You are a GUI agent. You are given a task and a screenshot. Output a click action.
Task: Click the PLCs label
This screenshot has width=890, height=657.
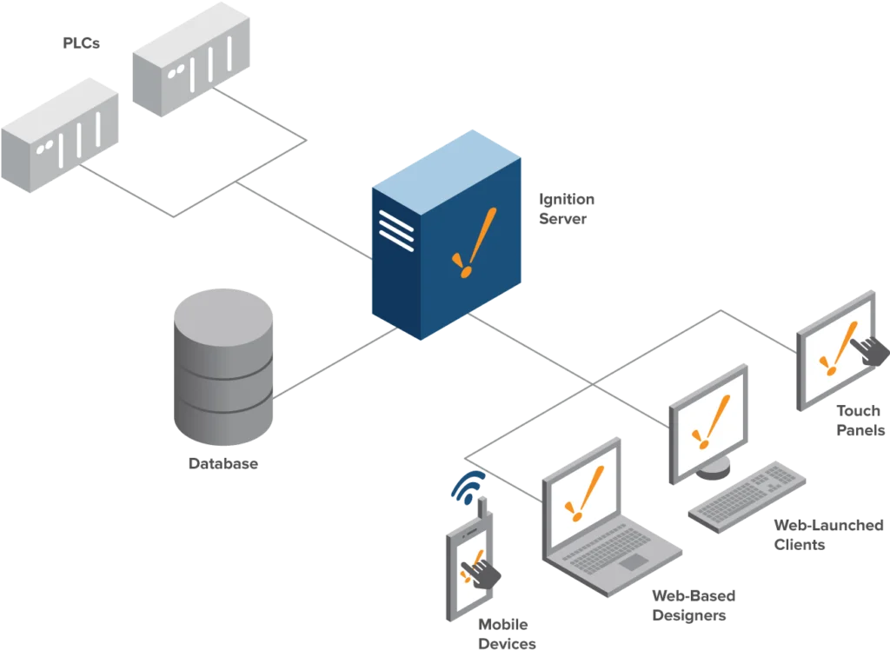(x=81, y=43)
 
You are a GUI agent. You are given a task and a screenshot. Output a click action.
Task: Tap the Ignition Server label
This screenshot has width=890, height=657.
(x=567, y=209)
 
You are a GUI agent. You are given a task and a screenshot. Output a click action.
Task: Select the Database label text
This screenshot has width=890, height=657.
(x=223, y=463)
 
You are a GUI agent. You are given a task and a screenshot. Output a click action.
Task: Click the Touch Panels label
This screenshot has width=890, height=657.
(x=860, y=421)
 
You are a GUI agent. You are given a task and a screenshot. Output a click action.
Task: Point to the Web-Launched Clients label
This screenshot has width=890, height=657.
(x=828, y=535)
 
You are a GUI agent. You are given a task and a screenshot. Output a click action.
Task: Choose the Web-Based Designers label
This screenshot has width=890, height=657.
(x=694, y=606)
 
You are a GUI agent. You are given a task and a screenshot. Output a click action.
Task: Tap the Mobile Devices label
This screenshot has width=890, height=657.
(x=507, y=634)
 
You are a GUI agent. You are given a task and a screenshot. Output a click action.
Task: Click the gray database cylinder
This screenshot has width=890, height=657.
(x=223, y=367)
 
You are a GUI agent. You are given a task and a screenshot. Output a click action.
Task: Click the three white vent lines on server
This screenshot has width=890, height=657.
(x=396, y=230)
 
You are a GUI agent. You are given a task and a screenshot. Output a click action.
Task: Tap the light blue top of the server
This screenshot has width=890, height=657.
(x=447, y=172)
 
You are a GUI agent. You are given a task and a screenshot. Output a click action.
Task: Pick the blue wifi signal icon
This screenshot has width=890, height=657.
(x=468, y=488)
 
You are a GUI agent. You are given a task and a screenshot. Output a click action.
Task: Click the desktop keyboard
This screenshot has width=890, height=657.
(x=747, y=497)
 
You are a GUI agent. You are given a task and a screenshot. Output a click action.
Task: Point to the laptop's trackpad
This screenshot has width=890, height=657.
(x=633, y=562)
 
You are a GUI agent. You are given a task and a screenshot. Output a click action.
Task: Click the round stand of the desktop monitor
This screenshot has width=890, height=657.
(x=713, y=468)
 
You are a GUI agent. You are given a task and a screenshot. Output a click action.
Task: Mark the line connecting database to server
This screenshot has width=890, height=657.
(x=335, y=362)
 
